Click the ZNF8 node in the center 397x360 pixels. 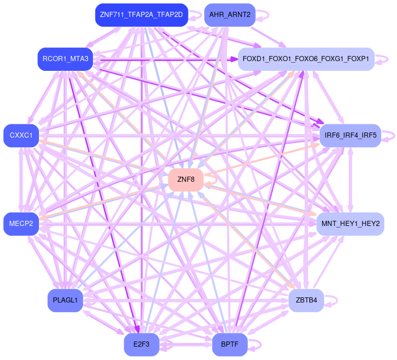[x=186, y=180]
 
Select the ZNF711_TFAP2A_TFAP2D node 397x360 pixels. [x=141, y=14]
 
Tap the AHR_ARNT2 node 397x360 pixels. [x=229, y=14]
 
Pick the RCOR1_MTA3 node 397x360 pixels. [x=65, y=59]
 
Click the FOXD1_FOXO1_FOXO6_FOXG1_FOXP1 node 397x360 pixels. [x=306, y=59]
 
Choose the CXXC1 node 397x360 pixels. [x=21, y=136]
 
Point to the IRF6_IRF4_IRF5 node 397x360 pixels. [x=350, y=136]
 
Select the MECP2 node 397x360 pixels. [x=21, y=224]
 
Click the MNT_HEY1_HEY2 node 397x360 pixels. [x=350, y=224]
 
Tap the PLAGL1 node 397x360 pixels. [x=65, y=300]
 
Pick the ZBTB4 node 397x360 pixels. [x=306, y=300]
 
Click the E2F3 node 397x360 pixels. [x=141, y=345]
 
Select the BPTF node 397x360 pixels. [x=229, y=345]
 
